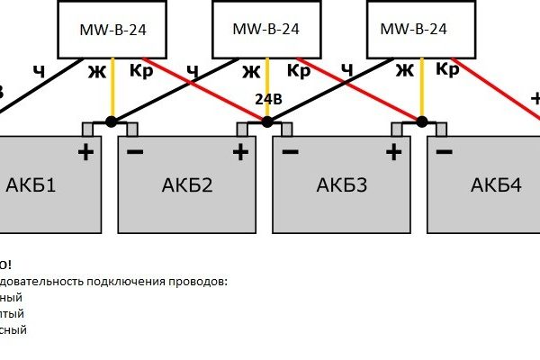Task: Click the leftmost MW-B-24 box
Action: [x=113, y=30]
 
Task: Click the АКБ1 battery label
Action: [x=31, y=186]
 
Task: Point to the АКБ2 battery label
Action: [x=187, y=186]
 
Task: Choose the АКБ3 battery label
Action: [x=342, y=186]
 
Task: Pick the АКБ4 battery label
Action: [x=496, y=186]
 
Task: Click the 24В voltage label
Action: [x=269, y=99]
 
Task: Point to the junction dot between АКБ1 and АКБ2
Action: [x=112, y=121]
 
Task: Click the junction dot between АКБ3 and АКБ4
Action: [x=420, y=121]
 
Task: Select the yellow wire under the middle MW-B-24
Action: [x=265, y=90]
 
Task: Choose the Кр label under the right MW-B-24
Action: [x=447, y=67]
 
